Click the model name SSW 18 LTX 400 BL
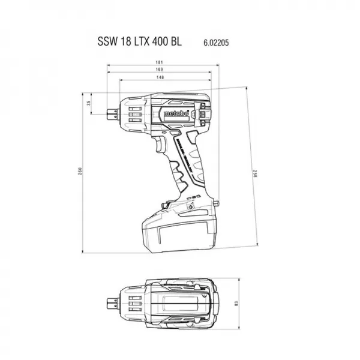[139, 43]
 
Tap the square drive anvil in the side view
[112, 111]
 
